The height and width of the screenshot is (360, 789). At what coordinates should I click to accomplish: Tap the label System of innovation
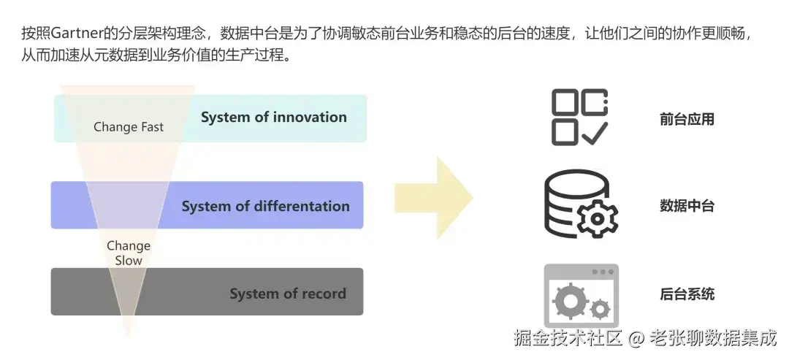(x=273, y=117)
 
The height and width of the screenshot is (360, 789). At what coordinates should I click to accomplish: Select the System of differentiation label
(x=265, y=206)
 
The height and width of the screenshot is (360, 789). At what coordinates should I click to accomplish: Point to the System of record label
(x=287, y=294)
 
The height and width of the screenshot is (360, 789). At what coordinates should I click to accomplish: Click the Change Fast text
(x=129, y=127)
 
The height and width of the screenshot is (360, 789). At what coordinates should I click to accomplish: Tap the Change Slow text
(x=129, y=253)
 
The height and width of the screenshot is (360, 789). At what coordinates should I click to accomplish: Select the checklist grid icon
(x=579, y=116)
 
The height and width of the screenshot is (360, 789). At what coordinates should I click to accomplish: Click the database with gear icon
(x=580, y=204)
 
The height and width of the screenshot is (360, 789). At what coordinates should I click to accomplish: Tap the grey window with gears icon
(x=581, y=295)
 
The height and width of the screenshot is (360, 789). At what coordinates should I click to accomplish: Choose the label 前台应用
(x=686, y=119)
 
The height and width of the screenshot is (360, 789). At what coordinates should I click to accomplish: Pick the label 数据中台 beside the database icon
(x=686, y=206)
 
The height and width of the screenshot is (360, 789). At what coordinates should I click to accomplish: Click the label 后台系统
(x=686, y=294)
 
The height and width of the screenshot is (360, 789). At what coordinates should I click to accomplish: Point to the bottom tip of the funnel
(x=129, y=335)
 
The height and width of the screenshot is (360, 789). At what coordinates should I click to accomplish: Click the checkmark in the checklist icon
(x=595, y=132)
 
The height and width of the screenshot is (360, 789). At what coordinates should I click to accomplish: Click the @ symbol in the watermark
(x=637, y=338)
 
